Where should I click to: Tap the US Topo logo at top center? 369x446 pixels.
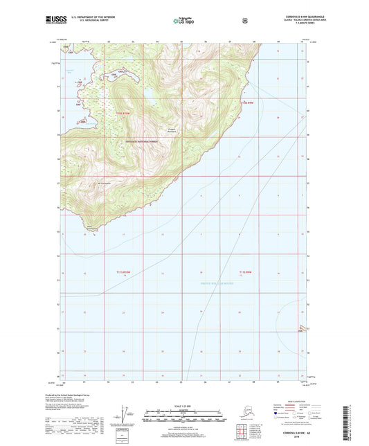tap(183, 20)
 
